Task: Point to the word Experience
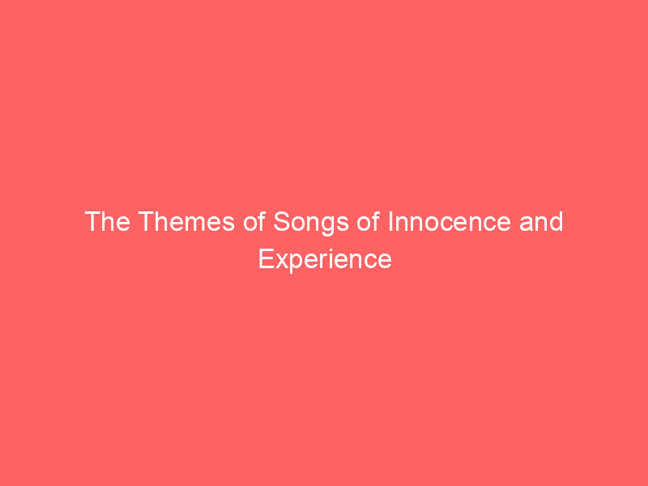point(325,259)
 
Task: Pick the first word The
point(105,222)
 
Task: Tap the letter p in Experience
point(292,262)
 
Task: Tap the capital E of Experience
point(265,259)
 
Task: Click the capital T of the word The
point(92,222)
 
